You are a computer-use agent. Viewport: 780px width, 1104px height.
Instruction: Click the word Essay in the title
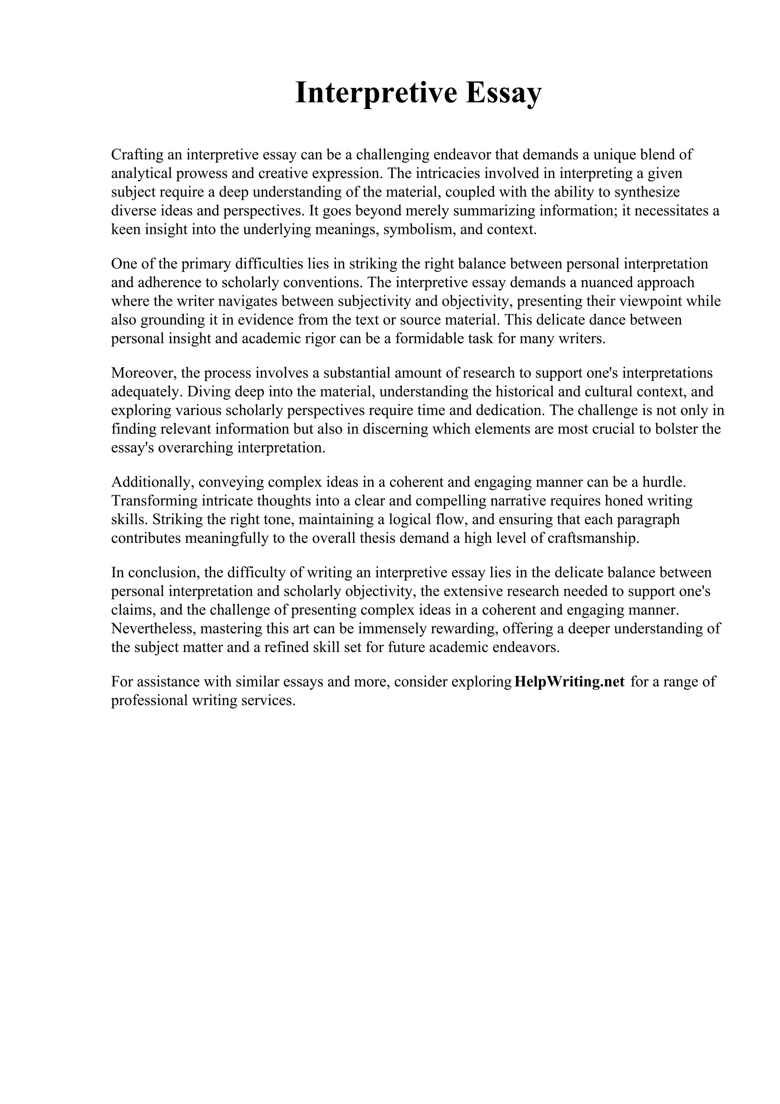[503, 93]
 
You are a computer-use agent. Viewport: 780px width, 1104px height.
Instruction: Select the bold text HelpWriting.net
[569, 682]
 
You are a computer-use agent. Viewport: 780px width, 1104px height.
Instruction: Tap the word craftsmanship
[593, 538]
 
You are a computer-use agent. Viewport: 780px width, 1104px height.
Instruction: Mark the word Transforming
[154, 501]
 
